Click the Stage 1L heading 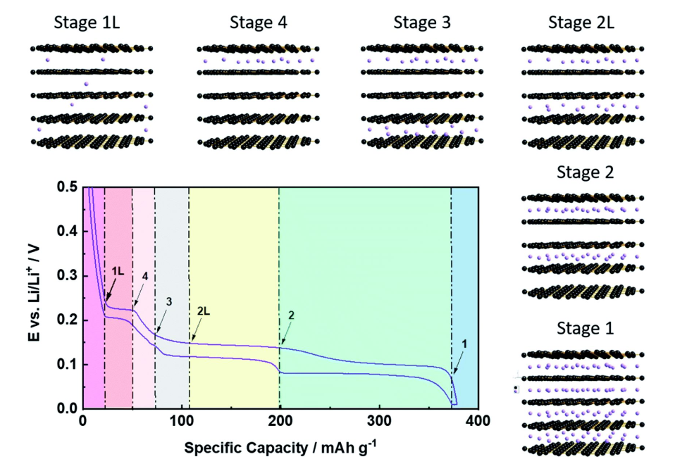86,23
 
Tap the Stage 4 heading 253,23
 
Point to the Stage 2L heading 581,23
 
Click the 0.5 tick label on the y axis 68,187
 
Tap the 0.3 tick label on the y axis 68,276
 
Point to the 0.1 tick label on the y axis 68,365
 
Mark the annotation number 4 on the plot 144,277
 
